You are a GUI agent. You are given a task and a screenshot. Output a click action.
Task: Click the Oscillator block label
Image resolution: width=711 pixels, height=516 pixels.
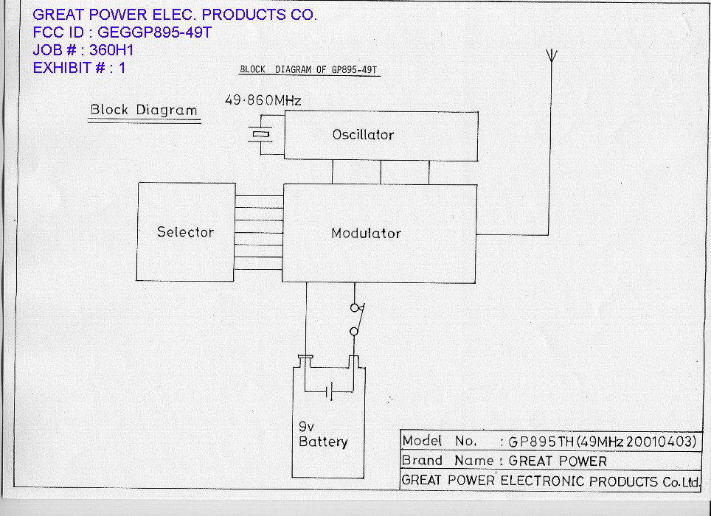(363, 135)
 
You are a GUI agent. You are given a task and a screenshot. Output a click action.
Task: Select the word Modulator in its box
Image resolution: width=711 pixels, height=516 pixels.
(366, 234)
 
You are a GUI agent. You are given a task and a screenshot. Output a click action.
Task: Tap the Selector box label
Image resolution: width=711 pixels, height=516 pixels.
(185, 232)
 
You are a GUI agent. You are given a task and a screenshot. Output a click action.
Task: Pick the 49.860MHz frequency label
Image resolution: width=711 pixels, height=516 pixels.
(262, 100)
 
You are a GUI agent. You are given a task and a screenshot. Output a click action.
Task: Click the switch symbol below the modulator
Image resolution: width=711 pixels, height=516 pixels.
(356, 318)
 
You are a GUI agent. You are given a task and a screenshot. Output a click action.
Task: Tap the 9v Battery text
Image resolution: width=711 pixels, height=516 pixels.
(322, 434)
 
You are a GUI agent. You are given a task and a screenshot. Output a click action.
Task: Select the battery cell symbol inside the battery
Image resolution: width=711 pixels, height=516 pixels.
(329, 390)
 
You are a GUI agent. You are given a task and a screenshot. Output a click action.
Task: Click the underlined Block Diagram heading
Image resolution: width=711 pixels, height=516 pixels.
(144, 111)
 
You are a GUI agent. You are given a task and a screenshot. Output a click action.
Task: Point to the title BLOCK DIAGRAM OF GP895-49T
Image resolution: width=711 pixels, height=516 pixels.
(309, 71)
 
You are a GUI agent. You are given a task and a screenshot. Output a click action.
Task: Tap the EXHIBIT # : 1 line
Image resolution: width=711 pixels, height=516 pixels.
(80, 68)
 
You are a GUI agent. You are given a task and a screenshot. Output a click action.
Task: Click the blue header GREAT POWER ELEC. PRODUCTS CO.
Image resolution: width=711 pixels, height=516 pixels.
(175, 15)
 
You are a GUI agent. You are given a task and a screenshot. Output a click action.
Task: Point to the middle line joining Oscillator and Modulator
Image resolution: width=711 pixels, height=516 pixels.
(381, 171)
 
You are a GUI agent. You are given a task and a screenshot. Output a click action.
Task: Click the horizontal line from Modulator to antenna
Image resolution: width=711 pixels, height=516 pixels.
(513, 234)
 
